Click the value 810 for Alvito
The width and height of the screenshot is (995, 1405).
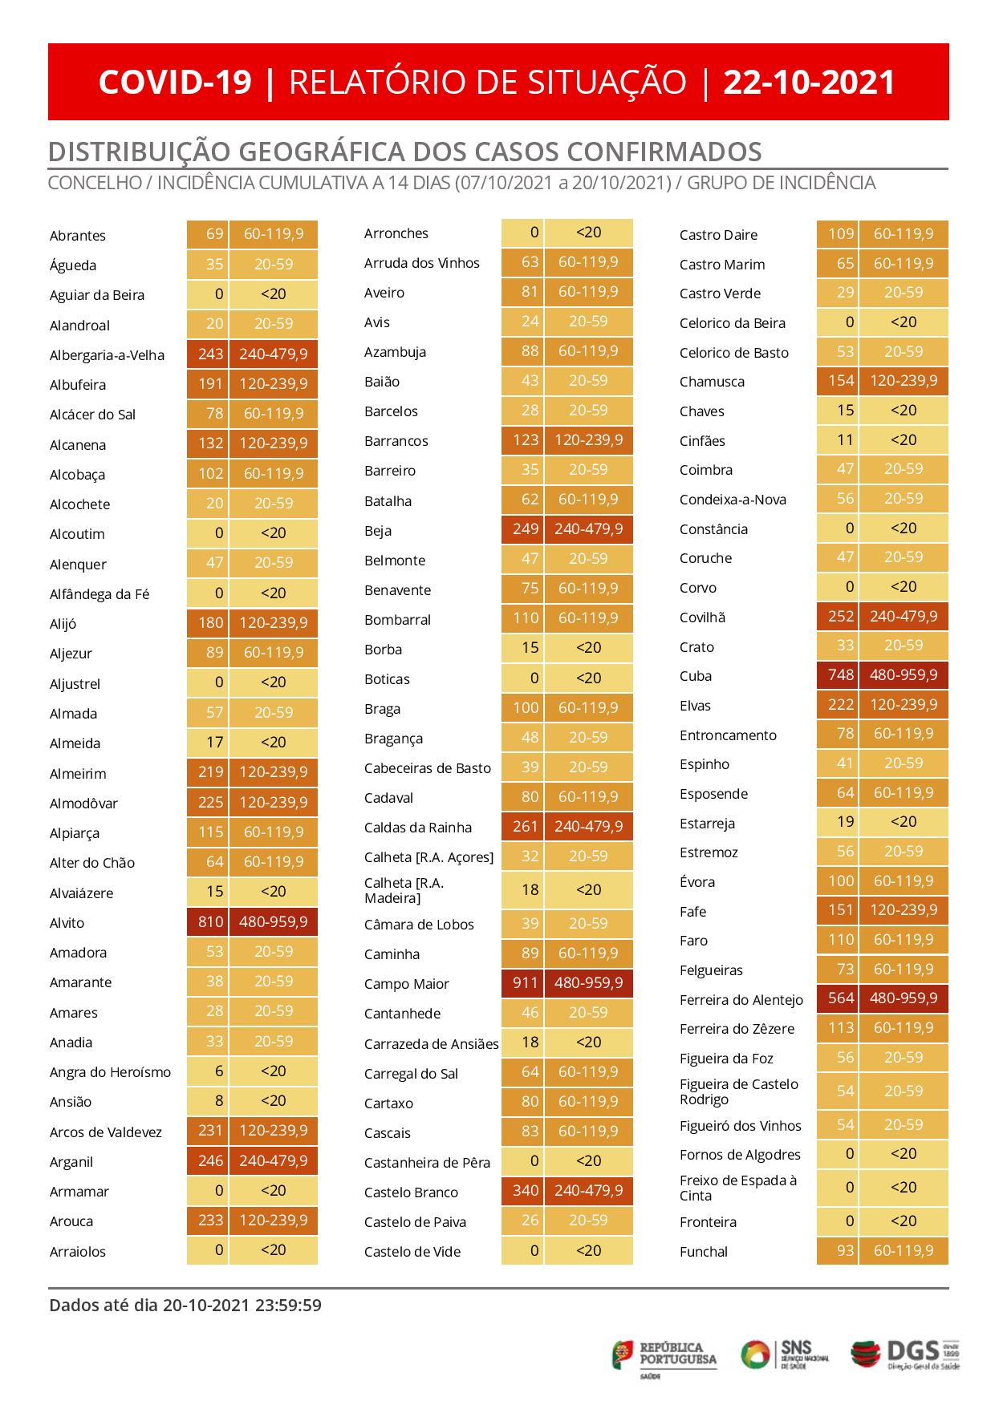(x=209, y=921)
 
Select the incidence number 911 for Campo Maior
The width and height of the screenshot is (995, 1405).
(x=525, y=982)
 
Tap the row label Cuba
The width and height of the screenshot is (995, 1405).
(x=696, y=676)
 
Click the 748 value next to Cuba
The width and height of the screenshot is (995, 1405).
(x=840, y=675)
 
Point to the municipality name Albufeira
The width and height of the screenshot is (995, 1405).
(x=78, y=385)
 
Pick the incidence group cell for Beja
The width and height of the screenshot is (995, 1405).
(x=588, y=529)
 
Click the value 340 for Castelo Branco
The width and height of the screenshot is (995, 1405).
(x=525, y=1190)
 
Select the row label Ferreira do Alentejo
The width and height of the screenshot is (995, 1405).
(x=741, y=999)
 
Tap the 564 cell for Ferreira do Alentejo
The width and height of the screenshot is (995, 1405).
(x=840, y=998)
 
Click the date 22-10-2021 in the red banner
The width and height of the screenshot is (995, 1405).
(x=809, y=83)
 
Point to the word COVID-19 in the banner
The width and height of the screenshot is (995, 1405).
(x=175, y=83)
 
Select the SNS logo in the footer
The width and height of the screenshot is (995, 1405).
(x=784, y=1354)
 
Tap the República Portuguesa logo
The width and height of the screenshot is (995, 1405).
(x=665, y=1354)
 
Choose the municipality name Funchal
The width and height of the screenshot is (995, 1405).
(x=704, y=1252)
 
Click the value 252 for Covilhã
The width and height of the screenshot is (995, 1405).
(x=840, y=616)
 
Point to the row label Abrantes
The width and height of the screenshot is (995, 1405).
(x=78, y=236)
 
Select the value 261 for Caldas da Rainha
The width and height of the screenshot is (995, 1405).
(x=525, y=826)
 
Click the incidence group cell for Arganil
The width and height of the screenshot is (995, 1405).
(x=273, y=1160)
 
